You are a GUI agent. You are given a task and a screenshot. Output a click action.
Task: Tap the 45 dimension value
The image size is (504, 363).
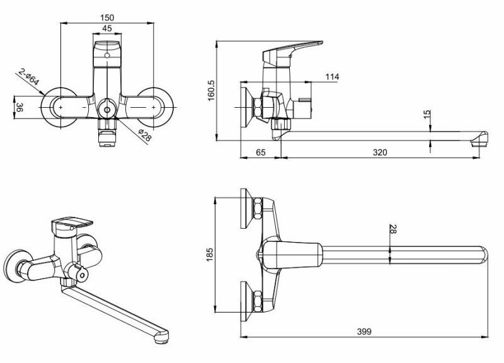tap(106, 28)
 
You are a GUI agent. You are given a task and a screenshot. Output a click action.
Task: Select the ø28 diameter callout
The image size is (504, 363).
tap(144, 134)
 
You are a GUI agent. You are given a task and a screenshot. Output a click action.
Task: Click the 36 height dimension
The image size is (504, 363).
tap(20, 108)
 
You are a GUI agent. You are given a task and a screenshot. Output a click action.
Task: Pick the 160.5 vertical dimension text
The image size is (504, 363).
tap(212, 91)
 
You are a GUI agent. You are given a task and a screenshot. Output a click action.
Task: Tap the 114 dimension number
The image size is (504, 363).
tap(332, 77)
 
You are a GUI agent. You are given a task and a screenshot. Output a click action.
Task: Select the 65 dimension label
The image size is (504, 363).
tap(261, 153)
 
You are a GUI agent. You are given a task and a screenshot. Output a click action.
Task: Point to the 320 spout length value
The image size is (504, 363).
tap(379, 153)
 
